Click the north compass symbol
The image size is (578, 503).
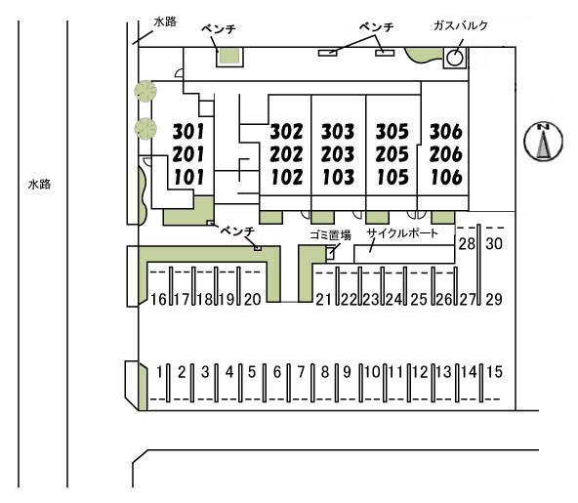(x=544, y=142)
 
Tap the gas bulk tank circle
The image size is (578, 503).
(x=455, y=58)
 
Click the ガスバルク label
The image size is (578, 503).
(x=461, y=25)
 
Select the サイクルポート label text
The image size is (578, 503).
(x=402, y=233)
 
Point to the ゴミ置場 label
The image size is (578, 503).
(x=330, y=235)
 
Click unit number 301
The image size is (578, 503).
(x=188, y=132)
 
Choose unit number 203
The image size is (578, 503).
(x=337, y=154)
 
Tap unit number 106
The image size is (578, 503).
(x=446, y=177)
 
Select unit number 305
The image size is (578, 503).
(x=392, y=132)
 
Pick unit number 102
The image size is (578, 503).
(x=287, y=177)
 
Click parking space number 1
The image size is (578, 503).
(x=159, y=372)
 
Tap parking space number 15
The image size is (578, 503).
(x=494, y=372)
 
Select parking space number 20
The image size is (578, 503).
(x=252, y=299)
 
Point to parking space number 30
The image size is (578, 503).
(x=494, y=244)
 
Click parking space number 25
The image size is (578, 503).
(x=419, y=300)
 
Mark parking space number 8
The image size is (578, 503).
(x=324, y=372)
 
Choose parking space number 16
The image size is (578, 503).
(x=158, y=299)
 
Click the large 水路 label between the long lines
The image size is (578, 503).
(x=39, y=184)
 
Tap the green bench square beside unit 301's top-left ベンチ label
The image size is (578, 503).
(x=229, y=56)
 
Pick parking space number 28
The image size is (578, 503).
(x=467, y=244)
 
